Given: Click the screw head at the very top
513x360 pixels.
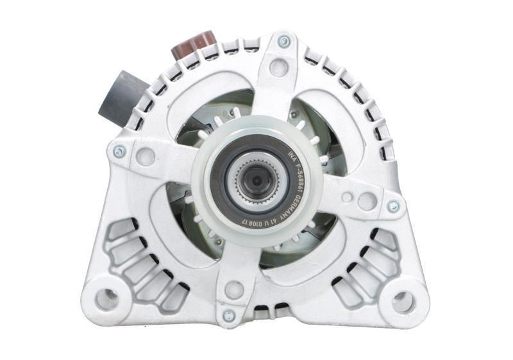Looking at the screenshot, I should (x=283, y=42).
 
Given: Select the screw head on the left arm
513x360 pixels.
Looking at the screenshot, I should (x=119, y=151).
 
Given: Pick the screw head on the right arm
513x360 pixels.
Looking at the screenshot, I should (x=392, y=207).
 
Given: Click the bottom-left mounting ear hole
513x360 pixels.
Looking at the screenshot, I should (x=107, y=297).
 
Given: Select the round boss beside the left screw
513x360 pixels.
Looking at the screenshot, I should (x=146, y=156).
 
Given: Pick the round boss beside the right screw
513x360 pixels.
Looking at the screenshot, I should (x=367, y=201).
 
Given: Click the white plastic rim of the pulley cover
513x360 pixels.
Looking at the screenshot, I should (x=212, y=212).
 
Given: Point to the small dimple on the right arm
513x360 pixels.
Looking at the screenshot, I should (x=346, y=198).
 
